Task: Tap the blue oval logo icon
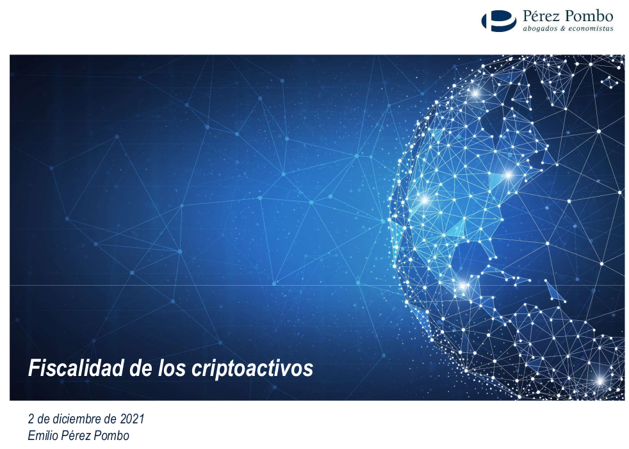click(498, 20)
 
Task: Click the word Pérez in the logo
click(544, 16)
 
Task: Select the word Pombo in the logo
click(591, 16)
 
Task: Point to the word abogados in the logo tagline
click(540, 28)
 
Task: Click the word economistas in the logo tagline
click(591, 28)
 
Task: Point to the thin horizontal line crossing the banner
click(192, 285)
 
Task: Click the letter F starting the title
click(33, 368)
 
